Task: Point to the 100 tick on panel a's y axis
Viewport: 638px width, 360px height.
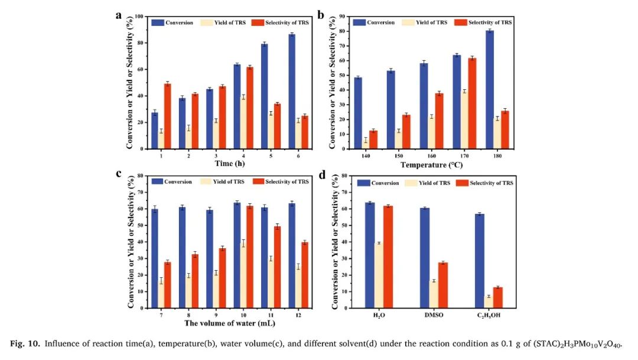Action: pos(139,17)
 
